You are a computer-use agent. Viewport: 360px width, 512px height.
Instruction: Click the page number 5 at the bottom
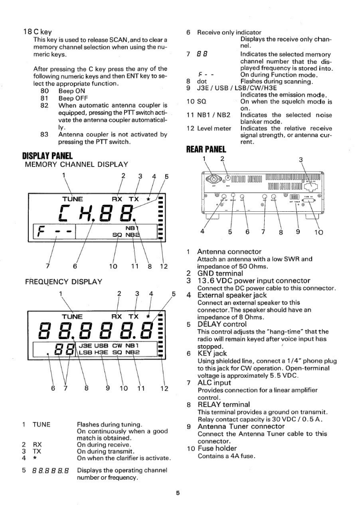[x=180, y=493]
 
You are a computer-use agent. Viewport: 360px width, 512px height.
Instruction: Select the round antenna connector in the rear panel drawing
[x=212, y=178]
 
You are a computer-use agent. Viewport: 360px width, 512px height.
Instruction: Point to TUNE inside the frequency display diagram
[x=72, y=316]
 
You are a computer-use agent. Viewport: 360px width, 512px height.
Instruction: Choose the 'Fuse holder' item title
[x=217, y=448]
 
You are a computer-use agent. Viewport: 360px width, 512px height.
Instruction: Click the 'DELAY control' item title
[x=222, y=324]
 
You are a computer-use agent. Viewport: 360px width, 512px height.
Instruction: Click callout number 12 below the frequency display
[x=164, y=389]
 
